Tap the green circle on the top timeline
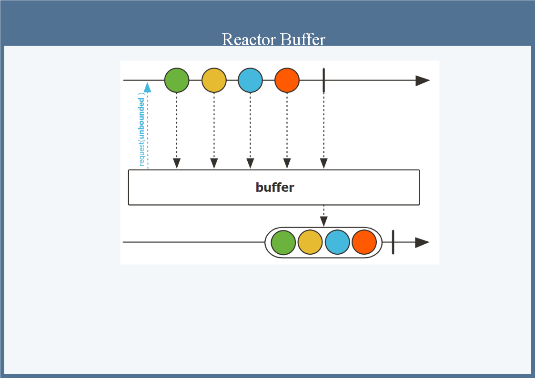[177, 80]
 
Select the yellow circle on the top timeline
[214, 80]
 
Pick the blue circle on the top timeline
[250, 80]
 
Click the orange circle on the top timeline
[287, 80]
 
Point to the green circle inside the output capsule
[283, 242]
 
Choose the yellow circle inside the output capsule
[310, 242]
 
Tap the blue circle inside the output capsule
[337, 242]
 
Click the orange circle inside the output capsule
[364, 242]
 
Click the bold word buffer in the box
[275, 188]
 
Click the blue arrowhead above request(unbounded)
[148, 87]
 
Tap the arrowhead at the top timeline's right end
[422, 80]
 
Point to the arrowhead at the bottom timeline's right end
[422, 242]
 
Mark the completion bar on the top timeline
[323, 80]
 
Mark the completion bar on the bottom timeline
[393, 242]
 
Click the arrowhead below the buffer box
[323, 221]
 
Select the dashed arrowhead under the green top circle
[177, 163]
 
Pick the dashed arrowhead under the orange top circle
[287, 163]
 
